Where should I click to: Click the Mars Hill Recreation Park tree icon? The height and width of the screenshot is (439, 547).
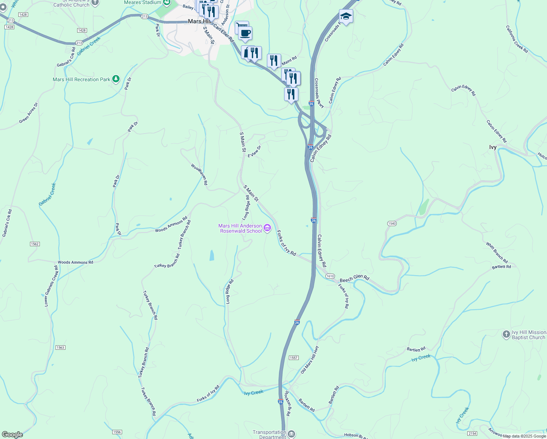(x=116, y=79)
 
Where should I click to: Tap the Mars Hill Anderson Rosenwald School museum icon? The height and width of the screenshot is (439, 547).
(x=267, y=228)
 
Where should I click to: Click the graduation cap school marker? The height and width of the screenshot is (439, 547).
(x=346, y=16)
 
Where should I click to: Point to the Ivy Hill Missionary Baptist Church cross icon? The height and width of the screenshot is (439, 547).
(x=506, y=334)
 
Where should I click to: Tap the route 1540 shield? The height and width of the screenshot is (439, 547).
(x=392, y=223)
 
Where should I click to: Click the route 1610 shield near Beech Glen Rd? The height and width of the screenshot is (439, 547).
(x=330, y=276)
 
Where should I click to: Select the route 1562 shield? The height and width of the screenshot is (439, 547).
(x=35, y=244)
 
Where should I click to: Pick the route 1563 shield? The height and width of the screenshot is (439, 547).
(x=60, y=348)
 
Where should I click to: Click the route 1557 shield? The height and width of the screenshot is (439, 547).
(x=294, y=358)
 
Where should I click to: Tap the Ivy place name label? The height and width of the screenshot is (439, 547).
(x=493, y=147)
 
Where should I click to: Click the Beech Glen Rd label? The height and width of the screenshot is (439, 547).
(x=354, y=278)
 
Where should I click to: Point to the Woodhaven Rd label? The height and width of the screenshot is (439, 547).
(x=199, y=174)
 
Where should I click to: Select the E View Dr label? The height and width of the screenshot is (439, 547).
(x=254, y=152)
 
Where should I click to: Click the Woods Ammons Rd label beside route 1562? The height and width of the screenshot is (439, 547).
(x=75, y=262)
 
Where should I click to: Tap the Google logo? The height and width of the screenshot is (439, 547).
(x=12, y=435)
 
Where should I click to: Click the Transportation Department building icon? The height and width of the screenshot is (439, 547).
(x=291, y=434)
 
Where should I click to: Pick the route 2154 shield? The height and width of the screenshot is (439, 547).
(x=472, y=434)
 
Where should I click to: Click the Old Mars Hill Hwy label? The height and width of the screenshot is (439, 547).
(x=310, y=359)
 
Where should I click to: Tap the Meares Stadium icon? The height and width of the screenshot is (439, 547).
(x=167, y=3)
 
